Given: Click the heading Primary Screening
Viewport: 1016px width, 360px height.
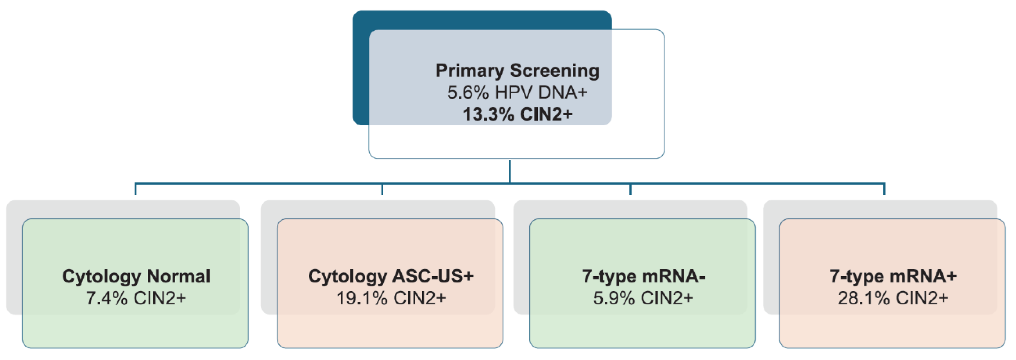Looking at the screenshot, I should tap(517, 71).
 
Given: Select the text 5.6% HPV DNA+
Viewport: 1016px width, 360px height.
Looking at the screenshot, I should tap(517, 93).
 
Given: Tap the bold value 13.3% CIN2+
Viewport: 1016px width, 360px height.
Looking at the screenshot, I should tap(517, 114).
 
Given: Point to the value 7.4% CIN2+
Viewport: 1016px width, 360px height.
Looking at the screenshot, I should tap(136, 298).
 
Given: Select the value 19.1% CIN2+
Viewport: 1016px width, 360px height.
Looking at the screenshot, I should tap(390, 298).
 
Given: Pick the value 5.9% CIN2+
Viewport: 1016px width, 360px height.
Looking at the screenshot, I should tap(643, 298).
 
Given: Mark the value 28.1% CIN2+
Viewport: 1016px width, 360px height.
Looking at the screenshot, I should tap(893, 298).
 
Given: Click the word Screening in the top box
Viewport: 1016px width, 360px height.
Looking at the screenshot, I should tap(555, 71).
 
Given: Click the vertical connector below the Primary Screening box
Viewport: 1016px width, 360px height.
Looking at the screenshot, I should tap(510, 171).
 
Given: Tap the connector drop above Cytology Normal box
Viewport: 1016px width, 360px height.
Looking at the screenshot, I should tap(136, 189).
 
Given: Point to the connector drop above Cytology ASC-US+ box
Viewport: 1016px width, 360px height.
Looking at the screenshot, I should tap(382, 189).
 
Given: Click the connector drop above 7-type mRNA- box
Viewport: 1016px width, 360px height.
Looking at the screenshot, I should tap(630, 189).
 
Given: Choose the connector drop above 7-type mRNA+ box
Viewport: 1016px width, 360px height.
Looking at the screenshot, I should tap(884, 189).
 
